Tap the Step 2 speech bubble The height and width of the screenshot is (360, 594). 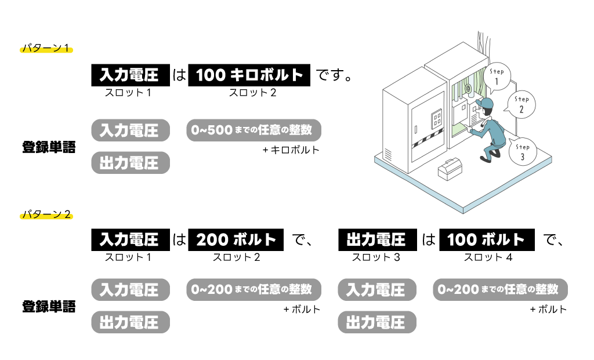[521, 105]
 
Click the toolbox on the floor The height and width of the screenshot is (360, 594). [450, 169]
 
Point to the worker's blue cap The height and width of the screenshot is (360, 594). [484, 104]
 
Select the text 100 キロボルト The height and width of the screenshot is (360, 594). [249, 75]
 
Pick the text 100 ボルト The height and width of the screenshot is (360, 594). [486, 239]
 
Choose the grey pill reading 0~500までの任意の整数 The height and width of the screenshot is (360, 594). [253, 130]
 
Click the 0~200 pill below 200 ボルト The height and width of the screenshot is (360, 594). [253, 289]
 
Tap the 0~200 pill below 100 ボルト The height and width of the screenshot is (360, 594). [500, 289]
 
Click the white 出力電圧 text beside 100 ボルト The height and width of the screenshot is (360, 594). [376, 239]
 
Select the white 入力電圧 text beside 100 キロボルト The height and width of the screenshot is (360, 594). [129, 75]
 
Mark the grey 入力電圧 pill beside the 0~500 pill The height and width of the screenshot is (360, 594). [131, 130]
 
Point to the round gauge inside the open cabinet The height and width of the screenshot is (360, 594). [468, 89]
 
